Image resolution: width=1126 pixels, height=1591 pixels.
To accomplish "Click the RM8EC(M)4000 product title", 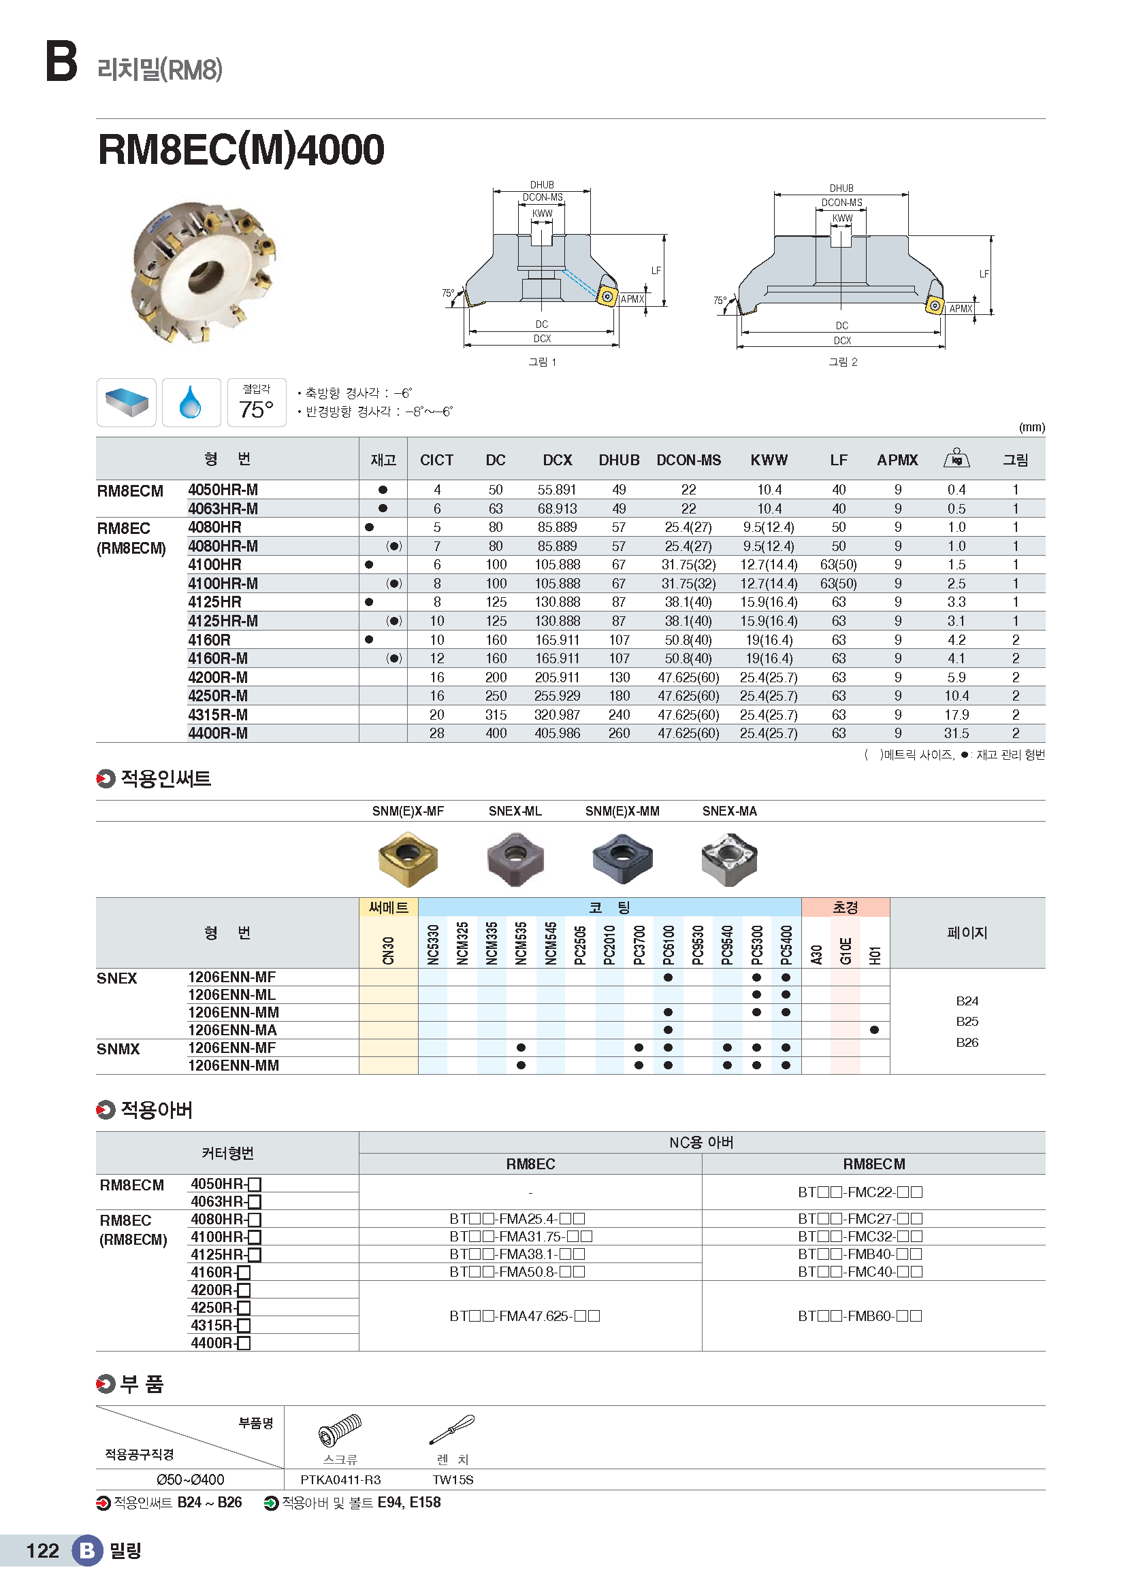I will [240, 150].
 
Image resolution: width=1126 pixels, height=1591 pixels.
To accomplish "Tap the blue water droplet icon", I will [191, 402].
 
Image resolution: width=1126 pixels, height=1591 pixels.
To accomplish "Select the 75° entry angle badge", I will [257, 403].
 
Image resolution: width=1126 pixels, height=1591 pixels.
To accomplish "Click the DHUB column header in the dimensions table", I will [618, 460].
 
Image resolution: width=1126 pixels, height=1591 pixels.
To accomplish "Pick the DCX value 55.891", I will [557, 490].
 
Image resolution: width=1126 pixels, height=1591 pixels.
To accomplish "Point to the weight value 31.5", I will [956, 733].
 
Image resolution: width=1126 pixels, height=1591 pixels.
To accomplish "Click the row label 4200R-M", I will [218, 677].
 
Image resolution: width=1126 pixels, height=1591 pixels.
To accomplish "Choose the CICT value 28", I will [437, 733].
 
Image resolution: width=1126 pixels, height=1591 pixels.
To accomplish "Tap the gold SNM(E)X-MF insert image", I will [408, 858].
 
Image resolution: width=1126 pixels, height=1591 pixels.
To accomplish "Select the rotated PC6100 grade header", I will [669, 945].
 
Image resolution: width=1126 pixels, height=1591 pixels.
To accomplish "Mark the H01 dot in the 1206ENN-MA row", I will [874, 1031].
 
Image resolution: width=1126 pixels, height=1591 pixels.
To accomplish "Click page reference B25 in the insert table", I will [967, 1022].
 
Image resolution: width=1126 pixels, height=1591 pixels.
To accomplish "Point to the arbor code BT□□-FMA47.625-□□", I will [524, 1316].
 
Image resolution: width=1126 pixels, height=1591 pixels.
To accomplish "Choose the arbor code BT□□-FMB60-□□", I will [860, 1316].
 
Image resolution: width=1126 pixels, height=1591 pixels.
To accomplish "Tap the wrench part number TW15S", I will [453, 1480].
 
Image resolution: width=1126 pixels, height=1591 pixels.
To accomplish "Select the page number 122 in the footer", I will [42, 1550].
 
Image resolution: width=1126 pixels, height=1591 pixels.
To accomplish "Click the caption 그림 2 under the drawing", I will [842, 362].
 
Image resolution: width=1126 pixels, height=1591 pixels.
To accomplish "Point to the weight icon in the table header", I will [956, 458].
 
